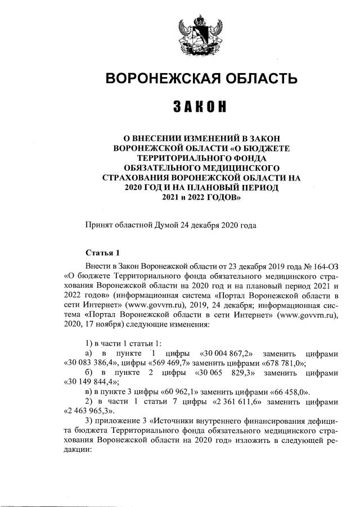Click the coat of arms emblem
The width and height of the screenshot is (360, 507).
pos(201,34)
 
